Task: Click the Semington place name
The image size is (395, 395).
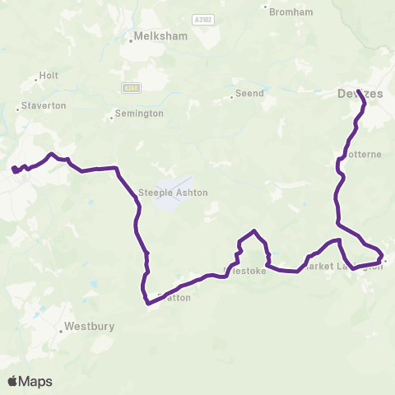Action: click(x=139, y=113)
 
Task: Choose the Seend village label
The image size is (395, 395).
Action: click(x=250, y=93)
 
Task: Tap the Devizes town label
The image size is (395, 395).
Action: click(x=360, y=94)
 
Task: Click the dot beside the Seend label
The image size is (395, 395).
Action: click(x=231, y=94)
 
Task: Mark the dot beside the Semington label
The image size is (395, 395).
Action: click(x=112, y=117)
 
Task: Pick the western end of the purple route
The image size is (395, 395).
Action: click(x=13, y=170)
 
